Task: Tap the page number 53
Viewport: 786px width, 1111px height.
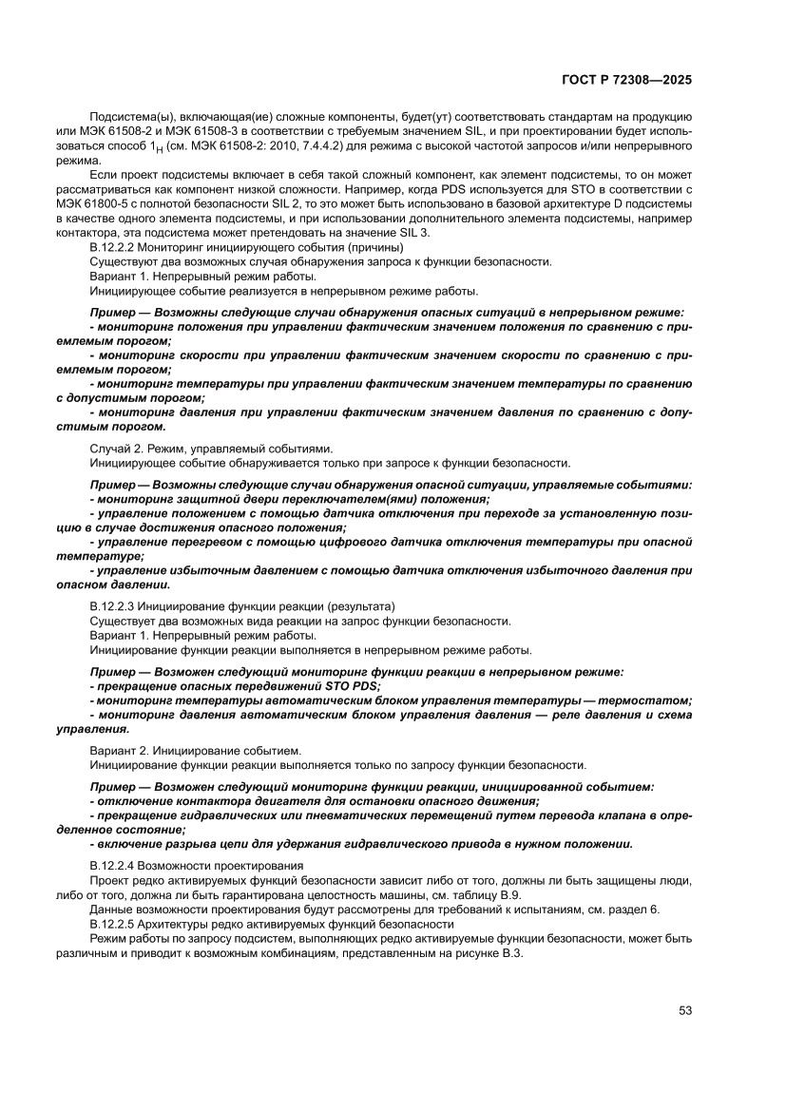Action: pos(684,1009)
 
